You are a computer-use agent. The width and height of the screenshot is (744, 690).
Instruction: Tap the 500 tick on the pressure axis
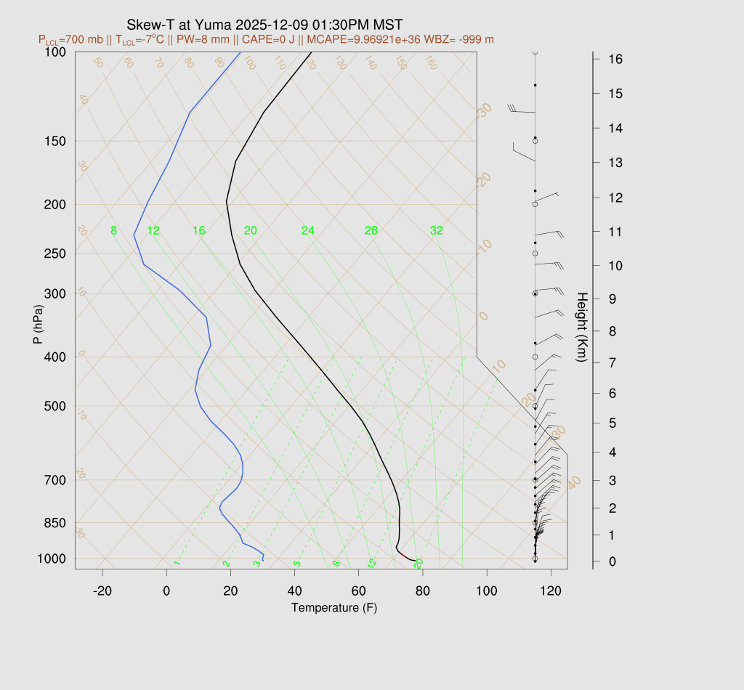tap(56, 406)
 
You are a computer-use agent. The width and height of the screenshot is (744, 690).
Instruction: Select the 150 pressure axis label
tap(56, 141)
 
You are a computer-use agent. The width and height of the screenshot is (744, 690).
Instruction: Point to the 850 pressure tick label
tap(56, 523)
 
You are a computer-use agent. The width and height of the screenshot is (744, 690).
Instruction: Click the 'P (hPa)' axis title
tap(38, 325)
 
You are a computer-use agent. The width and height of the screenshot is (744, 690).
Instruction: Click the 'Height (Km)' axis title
tap(581, 328)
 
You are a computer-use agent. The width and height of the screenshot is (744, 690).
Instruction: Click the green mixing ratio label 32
tap(437, 231)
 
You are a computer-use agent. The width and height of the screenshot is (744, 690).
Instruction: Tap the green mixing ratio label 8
tap(113, 231)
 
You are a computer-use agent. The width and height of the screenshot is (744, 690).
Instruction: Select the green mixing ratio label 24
tap(308, 231)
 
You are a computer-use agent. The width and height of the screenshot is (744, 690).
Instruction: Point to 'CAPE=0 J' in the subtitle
tap(271, 39)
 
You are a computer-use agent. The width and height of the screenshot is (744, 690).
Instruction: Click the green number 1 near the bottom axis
tap(177, 564)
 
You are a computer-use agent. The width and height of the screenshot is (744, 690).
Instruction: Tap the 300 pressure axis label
tap(56, 294)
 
